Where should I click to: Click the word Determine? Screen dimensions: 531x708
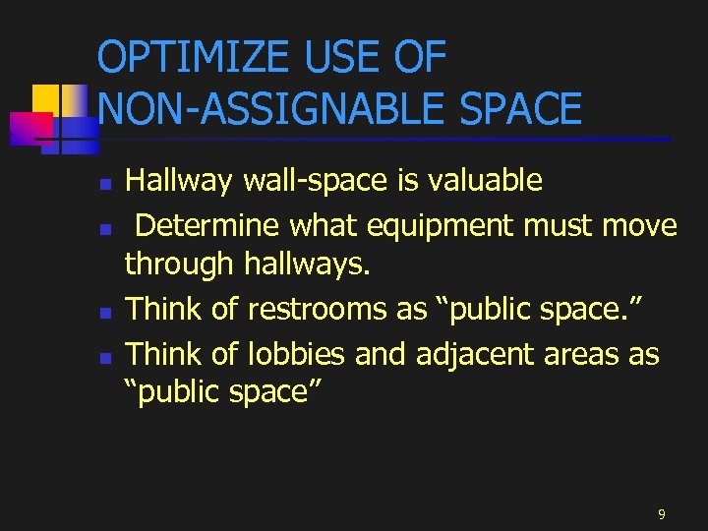[x=207, y=226]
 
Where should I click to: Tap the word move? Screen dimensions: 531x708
[x=639, y=226]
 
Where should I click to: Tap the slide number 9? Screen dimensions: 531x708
[x=662, y=513]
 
